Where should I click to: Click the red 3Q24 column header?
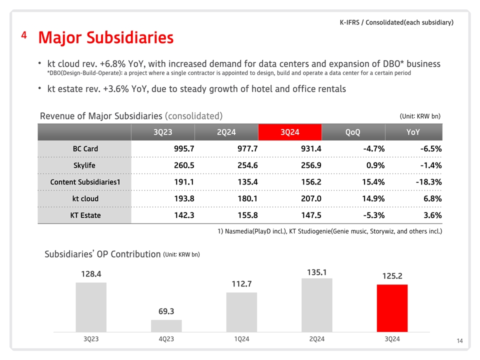coord(290,132)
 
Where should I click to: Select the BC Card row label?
coord(85,149)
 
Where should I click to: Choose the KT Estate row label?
coord(85,215)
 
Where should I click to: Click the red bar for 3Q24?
coord(392,307)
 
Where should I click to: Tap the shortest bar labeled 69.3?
coord(166,325)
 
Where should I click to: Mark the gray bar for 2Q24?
coord(317,304)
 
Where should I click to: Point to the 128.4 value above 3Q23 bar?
coord(91,274)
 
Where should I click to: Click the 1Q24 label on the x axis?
coord(241,339)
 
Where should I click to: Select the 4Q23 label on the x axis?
coord(166,339)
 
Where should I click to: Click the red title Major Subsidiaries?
coord(106,37)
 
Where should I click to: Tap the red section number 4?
coord(24,35)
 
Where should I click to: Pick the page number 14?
coord(459,341)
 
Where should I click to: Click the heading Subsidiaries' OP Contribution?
coord(102,254)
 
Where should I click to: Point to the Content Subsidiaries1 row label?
coord(85,182)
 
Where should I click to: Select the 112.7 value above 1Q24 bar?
coord(241,284)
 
